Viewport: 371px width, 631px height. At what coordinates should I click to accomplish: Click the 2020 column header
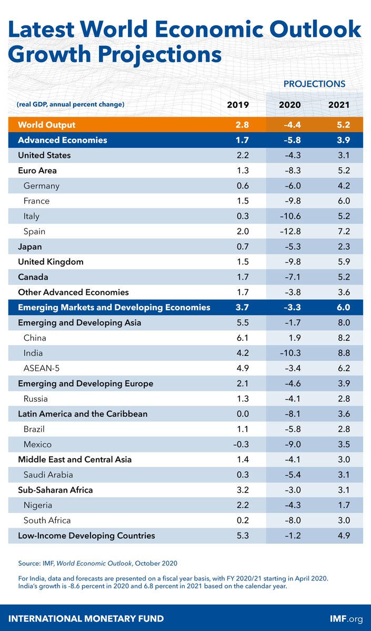pyautogui.click(x=290, y=105)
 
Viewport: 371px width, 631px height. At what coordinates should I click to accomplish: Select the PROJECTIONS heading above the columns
pyautogui.click(x=314, y=84)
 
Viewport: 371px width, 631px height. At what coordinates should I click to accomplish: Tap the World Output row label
pyautogui.click(x=47, y=125)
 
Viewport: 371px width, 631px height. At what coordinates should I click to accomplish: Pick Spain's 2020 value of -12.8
pyautogui.click(x=290, y=231)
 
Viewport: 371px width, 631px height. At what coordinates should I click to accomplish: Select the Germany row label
pyautogui.click(x=42, y=186)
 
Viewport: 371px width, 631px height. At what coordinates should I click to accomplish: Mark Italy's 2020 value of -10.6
pyautogui.click(x=290, y=216)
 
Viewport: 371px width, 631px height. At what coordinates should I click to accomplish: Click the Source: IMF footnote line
pyautogui.click(x=97, y=564)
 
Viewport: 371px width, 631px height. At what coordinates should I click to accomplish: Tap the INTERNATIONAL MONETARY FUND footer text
pyautogui.click(x=86, y=619)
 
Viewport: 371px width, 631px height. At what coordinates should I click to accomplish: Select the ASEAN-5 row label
pyautogui.click(x=43, y=368)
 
